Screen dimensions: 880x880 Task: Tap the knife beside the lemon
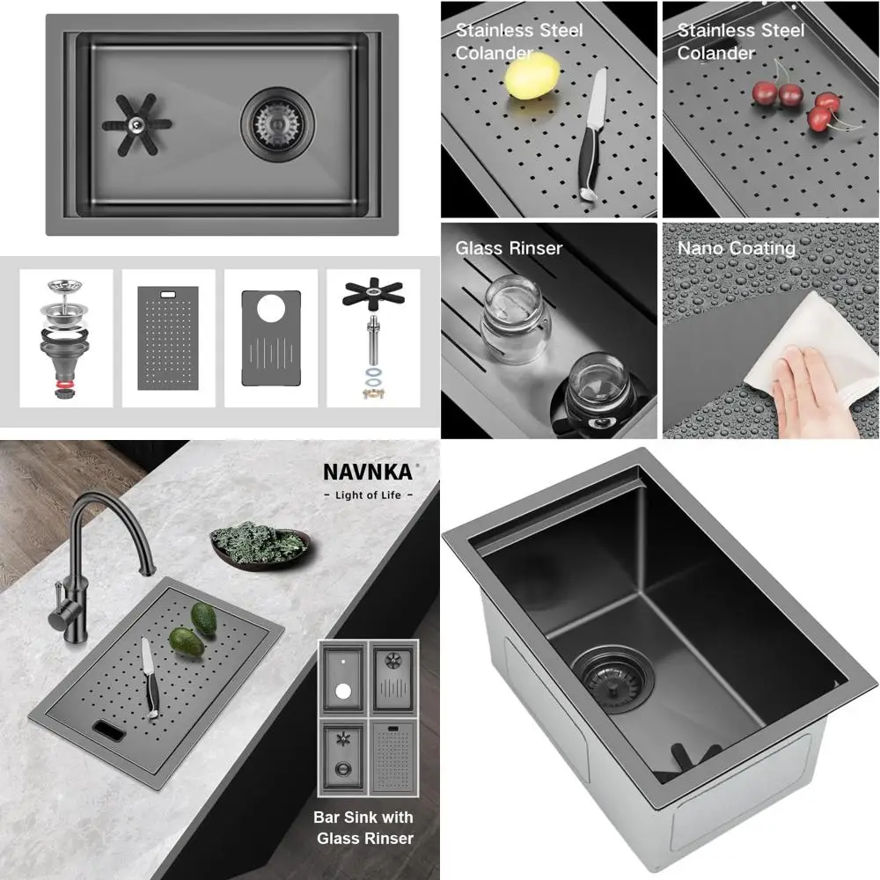[591, 132]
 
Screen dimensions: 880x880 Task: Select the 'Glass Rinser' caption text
[508, 248]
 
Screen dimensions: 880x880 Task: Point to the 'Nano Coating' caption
[736, 248]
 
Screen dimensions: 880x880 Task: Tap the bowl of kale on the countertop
[260, 544]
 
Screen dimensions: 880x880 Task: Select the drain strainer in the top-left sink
[278, 123]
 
